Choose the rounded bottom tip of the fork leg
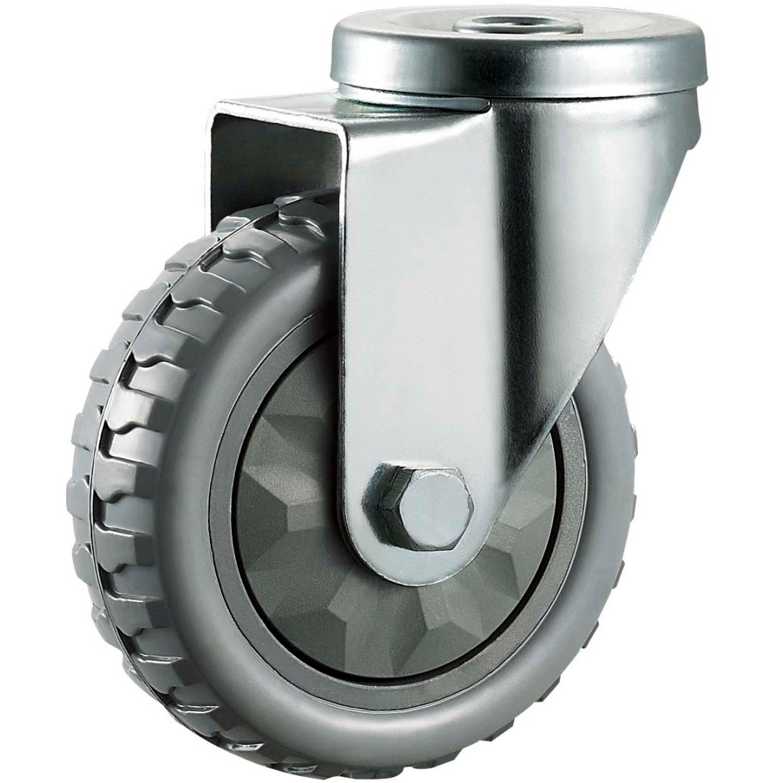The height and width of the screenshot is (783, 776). (417, 567)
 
